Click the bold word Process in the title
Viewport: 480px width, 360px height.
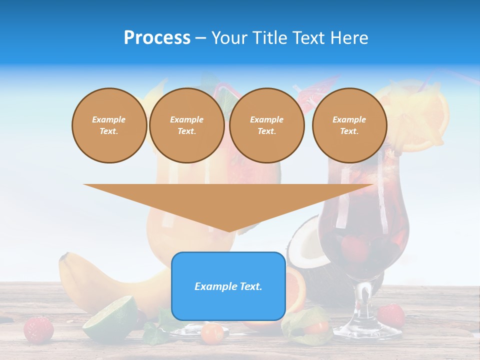tap(157, 38)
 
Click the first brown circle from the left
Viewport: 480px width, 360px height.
tap(109, 125)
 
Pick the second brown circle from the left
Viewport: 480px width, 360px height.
tap(186, 125)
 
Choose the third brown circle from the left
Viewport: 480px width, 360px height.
tap(266, 125)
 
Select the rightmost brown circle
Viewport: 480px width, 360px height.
tap(349, 125)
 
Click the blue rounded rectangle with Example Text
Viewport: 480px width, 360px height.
tap(228, 286)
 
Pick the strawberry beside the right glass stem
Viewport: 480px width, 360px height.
tap(391, 315)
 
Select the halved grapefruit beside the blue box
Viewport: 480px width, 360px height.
tap(295, 290)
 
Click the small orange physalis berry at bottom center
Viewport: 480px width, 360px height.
tap(212, 332)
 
